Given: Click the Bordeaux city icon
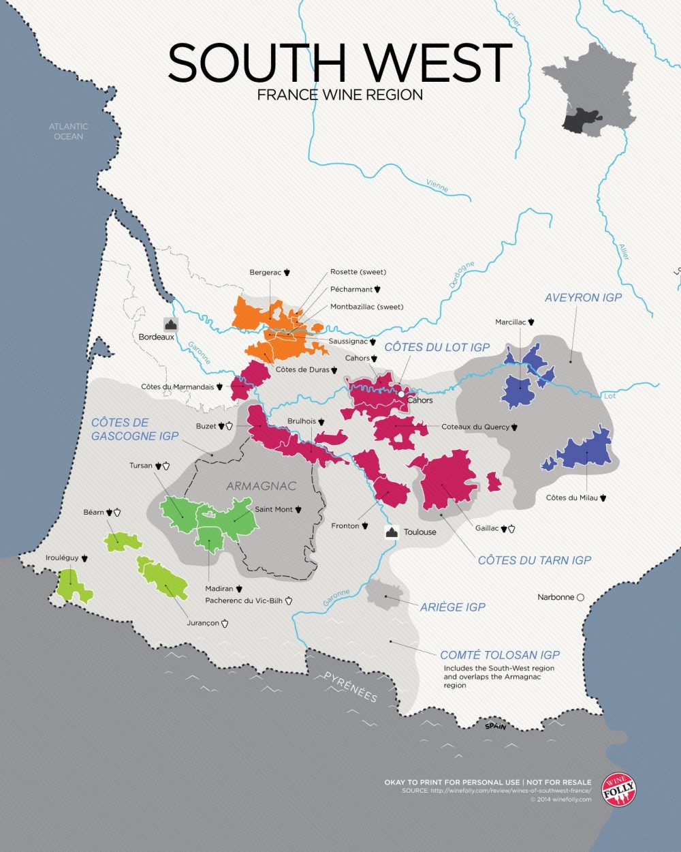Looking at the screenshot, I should tap(170, 324).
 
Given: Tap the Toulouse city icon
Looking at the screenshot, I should tap(392, 532).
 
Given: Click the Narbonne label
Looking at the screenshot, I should tap(556, 597).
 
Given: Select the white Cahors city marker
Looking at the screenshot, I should tap(402, 394).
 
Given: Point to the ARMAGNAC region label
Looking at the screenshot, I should tap(262, 486).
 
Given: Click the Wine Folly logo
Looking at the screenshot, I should tap(619, 791).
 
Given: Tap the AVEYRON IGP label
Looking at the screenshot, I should tap(583, 298).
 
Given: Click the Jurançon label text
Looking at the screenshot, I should tap(203, 623).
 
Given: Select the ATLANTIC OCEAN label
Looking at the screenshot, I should tap(69, 132).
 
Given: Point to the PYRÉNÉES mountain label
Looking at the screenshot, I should tap(350, 686).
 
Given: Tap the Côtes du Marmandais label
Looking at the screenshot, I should tap(177, 387).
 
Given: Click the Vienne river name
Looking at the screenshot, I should tap(437, 185).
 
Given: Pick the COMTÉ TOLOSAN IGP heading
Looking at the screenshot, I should tap(500, 655).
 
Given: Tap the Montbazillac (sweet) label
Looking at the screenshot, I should tap(366, 307).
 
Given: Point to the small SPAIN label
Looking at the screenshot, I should tap(495, 727).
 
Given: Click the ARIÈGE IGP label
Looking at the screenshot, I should tap(452, 607).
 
